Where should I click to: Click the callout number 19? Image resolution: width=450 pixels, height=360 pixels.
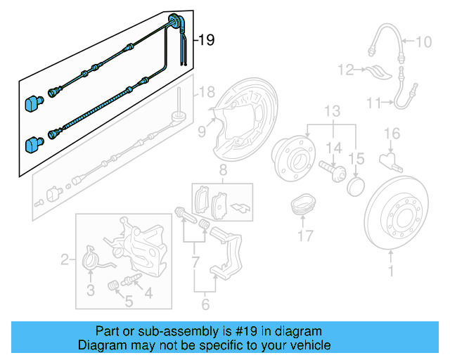pos(205,41)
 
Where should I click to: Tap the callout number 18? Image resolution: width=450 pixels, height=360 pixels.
pos(205,92)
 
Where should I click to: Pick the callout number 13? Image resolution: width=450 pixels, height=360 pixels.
pos(332,111)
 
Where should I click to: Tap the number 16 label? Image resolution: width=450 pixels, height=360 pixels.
pos(392,133)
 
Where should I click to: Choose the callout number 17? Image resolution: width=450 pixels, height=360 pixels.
pos(304,236)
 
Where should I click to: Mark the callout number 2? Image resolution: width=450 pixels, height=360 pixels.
pos(65,261)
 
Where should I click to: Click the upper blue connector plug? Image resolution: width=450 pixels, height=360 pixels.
pos(32,103)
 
